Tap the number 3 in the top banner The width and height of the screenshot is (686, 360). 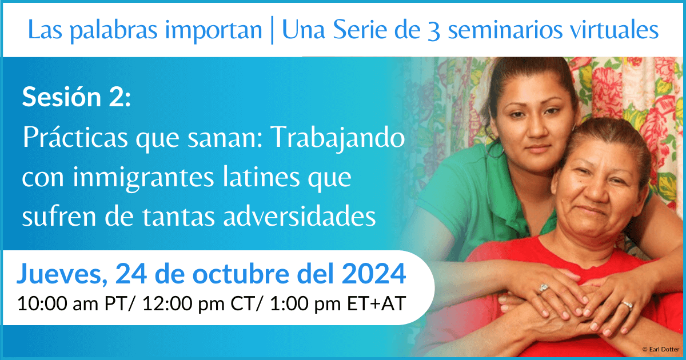point(434,31)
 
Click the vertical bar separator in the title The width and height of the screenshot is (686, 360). point(272,31)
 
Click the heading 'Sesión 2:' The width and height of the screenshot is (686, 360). point(77,97)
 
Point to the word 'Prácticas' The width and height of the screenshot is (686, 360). point(75,138)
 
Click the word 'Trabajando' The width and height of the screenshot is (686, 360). point(338,139)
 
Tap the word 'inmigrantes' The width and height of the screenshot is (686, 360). point(143,178)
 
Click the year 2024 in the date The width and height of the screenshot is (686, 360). point(374,273)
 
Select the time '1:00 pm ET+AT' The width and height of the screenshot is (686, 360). point(338,303)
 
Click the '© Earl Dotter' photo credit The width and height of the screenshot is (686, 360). point(661,349)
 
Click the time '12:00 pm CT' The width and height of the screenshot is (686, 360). point(198,303)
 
